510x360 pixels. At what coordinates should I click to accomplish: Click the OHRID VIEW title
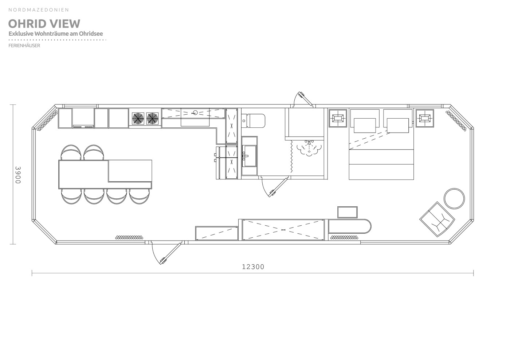click(44, 24)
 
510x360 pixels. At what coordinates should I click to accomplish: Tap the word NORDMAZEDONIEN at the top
click(39, 10)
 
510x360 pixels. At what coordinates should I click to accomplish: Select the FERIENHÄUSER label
click(24, 46)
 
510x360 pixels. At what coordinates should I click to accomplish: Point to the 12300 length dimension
click(253, 267)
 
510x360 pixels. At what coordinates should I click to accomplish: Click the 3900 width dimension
click(18, 175)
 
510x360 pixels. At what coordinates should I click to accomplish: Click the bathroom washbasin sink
click(250, 156)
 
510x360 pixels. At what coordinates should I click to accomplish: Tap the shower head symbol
click(309, 148)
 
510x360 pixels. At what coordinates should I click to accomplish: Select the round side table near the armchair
click(454, 198)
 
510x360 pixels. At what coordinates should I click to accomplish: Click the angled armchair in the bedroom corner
click(437, 219)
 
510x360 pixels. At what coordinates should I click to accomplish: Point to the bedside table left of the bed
click(338, 118)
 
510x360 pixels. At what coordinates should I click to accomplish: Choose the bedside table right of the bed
click(425, 118)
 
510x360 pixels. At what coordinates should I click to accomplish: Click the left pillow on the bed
click(365, 125)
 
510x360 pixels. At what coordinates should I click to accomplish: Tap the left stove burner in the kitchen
click(138, 119)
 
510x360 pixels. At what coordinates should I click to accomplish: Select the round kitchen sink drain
click(195, 112)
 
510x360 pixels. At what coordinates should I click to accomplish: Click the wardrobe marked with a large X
click(283, 230)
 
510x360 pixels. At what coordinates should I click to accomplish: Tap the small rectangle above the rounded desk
click(348, 212)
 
